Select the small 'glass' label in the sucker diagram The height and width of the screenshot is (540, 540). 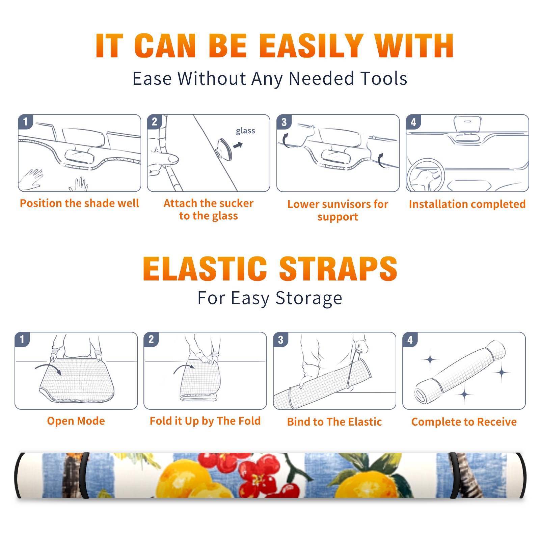[x=245, y=131]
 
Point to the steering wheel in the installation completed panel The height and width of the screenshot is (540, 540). [x=425, y=175]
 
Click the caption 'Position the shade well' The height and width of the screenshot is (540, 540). [x=79, y=203]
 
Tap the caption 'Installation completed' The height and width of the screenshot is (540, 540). [x=467, y=204]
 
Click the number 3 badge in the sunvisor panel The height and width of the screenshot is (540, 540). [x=284, y=122]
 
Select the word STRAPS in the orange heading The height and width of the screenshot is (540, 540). [x=339, y=269]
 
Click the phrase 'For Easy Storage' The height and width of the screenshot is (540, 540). [x=270, y=298]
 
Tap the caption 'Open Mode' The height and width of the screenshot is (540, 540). [x=76, y=421]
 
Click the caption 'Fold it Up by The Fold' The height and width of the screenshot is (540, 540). [x=205, y=421]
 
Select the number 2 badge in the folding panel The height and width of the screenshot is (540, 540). [x=151, y=340]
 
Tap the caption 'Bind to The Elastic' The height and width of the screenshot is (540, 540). [x=334, y=422]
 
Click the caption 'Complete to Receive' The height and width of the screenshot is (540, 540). [x=464, y=422]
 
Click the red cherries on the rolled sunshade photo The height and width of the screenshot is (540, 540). [x=251, y=473]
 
